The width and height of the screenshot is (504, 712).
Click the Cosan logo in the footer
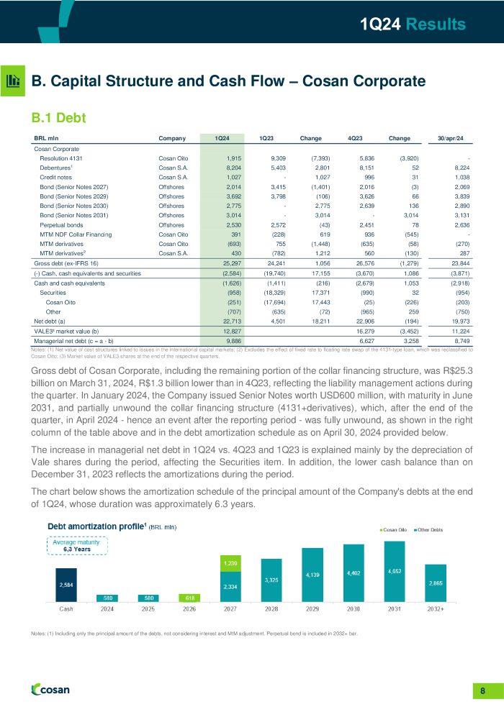tap(51, 690)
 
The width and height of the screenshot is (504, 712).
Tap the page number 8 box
tap(482, 691)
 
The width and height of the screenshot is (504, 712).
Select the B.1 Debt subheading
tap(58, 116)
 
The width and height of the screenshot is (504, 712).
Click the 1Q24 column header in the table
tap(222, 138)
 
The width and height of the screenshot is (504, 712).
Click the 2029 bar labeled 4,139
tap(313, 575)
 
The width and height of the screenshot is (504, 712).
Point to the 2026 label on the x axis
tap(189, 608)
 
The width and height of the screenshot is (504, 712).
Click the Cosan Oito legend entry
tap(394, 530)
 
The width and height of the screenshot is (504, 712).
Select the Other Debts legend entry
tap(431, 530)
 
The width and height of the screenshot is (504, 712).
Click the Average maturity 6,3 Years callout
tap(77, 545)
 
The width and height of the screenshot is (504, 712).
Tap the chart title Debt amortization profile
tap(96, 526)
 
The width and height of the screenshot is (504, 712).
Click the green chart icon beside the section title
tap(14, 81)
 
